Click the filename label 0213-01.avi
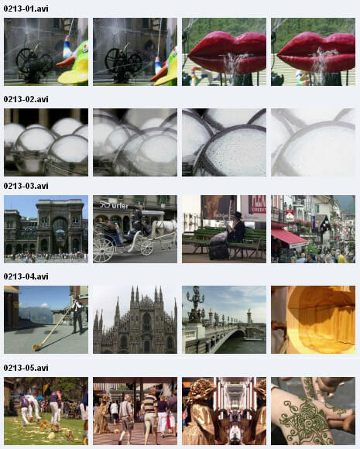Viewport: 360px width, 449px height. (26, 9)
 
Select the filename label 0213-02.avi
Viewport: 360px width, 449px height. (26, 99)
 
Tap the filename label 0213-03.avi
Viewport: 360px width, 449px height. (26, 186)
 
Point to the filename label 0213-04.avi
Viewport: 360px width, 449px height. (26, 276)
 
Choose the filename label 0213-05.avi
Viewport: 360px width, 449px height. (26, 368)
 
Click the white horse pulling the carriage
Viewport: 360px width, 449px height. (164, 231)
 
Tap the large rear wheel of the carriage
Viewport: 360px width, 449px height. (103, 250)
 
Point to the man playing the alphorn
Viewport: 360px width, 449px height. (77, 314)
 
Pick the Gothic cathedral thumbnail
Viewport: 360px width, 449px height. (135, 320)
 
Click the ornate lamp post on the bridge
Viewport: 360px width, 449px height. (195, 304)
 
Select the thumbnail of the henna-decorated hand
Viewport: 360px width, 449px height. (313, 411)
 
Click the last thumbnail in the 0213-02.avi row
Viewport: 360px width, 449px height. (313, 142)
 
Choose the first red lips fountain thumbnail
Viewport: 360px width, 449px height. (224, 52)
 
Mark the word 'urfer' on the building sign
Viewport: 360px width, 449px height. (120, 206)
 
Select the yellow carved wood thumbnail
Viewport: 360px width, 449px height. (313, 320)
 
